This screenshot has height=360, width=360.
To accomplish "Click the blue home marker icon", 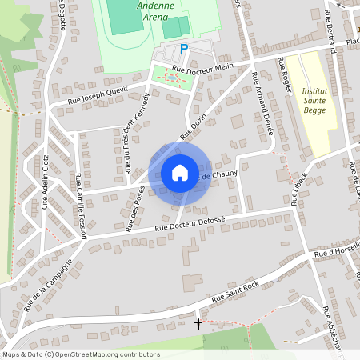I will click(179, 173).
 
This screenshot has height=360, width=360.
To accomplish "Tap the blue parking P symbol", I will click(184, 50).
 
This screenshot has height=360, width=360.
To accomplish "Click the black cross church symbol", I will click(198, 324).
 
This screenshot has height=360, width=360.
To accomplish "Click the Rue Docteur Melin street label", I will click(201, 71).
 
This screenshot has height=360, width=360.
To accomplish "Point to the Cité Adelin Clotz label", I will click(46, 180).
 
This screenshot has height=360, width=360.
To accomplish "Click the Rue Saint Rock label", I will click(235, 292).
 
